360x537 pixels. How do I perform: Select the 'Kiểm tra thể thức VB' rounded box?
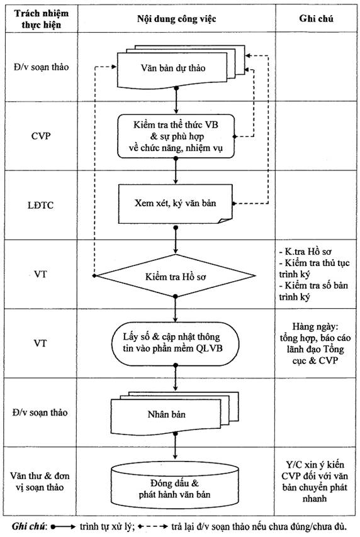pos(176,136)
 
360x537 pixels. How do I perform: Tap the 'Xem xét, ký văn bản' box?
pos(175,204)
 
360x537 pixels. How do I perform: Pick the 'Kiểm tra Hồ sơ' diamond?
pos(175,275)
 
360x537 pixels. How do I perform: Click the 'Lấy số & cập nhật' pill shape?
pos(175,343)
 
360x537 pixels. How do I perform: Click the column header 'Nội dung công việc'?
pos(177,18)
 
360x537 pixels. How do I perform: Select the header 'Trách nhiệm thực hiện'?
pos(41,19)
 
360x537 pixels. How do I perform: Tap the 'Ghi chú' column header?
pos(316,18)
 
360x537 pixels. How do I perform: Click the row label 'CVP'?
pos(41,136)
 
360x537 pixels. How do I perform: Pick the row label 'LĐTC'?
pos(40,205)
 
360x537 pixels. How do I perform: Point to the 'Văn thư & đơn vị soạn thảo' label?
pos(40,481)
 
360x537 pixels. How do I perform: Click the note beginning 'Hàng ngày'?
pos(315,343)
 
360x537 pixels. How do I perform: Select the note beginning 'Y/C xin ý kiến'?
pos(315,481)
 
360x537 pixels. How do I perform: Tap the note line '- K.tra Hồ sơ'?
pos(305,252)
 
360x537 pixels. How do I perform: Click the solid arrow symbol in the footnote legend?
pos(63,527)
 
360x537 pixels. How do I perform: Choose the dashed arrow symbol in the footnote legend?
pos(152,527)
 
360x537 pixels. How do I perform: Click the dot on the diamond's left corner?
pos(94,275)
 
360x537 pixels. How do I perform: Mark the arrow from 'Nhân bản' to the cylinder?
pos(176,446)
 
